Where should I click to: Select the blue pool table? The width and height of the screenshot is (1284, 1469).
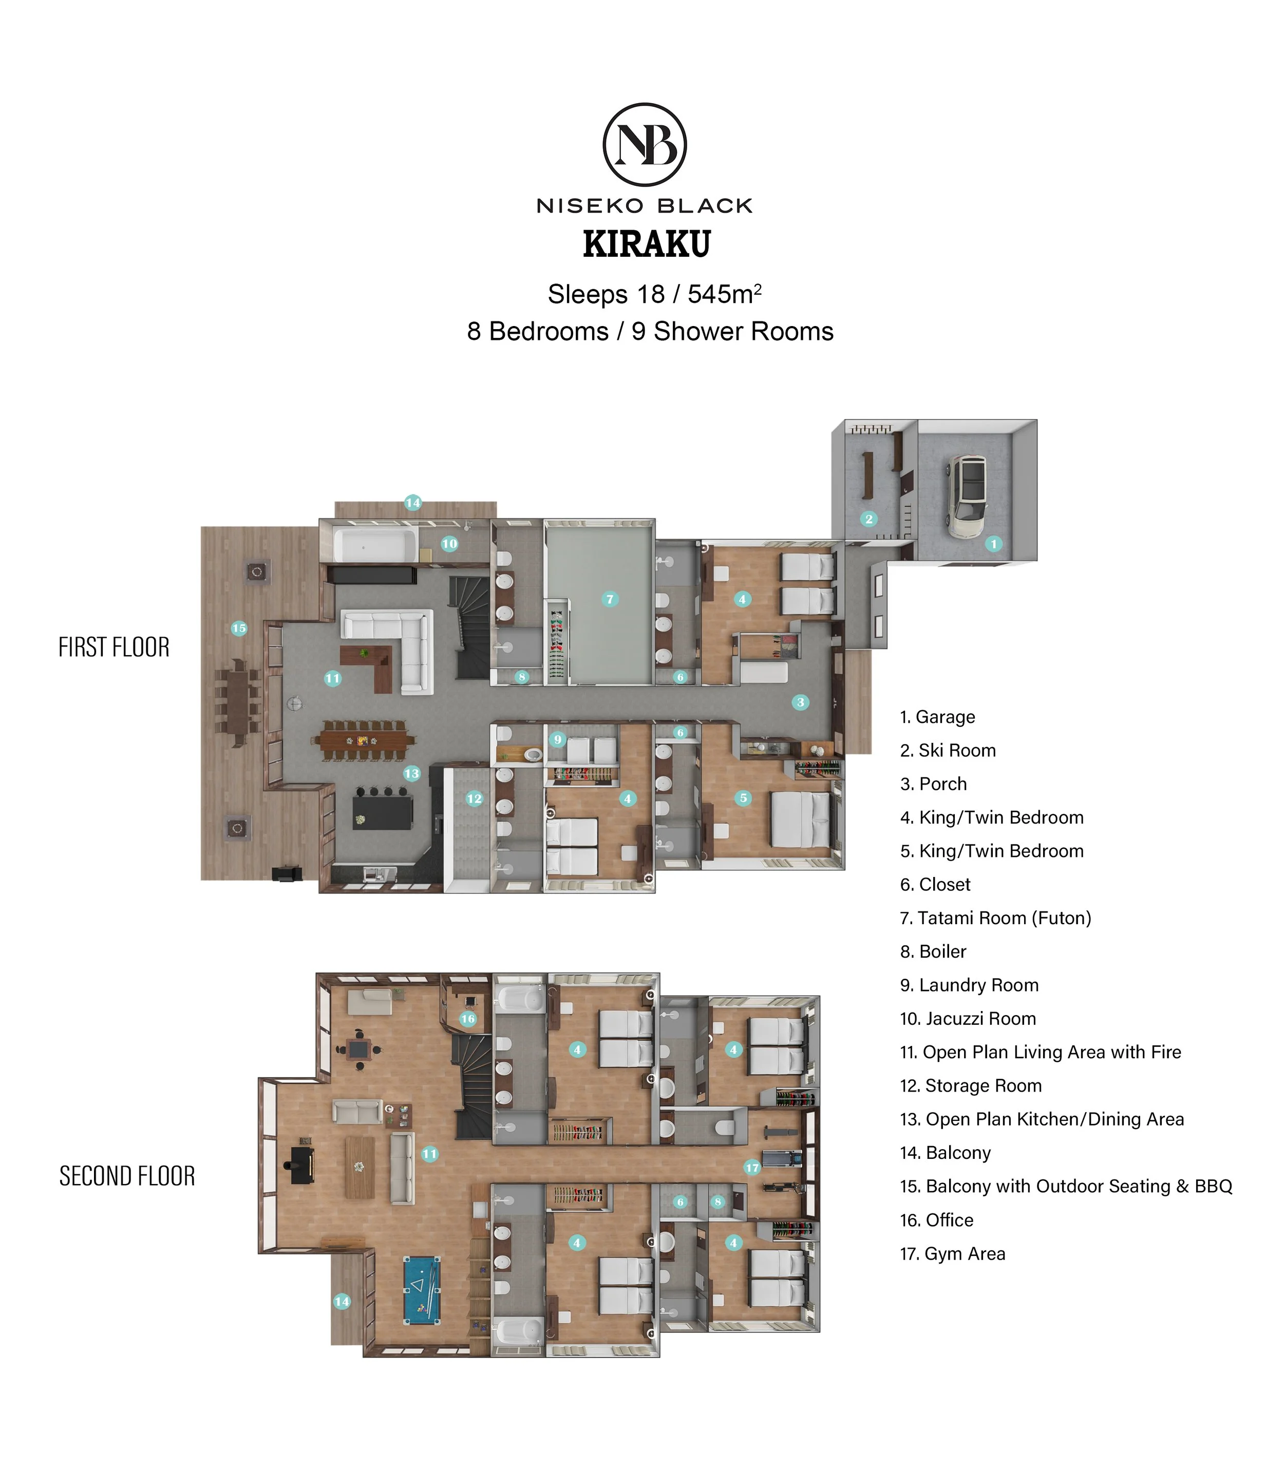(x=422, y=1291)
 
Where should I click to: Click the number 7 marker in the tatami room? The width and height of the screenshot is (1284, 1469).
(x=610, y=599)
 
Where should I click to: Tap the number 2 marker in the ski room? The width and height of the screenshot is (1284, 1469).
(x=868, y=519)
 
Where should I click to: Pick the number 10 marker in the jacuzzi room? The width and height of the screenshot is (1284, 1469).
(x=449, y=544)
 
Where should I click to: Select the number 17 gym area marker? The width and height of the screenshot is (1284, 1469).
(x=751, y=1168)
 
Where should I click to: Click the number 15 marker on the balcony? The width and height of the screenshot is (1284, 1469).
(x=239, y=628)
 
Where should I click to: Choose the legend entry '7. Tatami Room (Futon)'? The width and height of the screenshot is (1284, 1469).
(x=995, y=918)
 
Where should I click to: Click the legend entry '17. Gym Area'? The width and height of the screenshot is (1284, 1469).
(x=952, y=1253)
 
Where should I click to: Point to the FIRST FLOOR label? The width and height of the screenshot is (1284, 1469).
(x=114, y=647)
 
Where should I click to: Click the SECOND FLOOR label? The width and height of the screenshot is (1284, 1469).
(x=127, y=1176)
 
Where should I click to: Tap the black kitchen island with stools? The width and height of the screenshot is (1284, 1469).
(x=383, y=809)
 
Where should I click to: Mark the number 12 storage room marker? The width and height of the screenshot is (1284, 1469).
(x=475, y=798)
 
